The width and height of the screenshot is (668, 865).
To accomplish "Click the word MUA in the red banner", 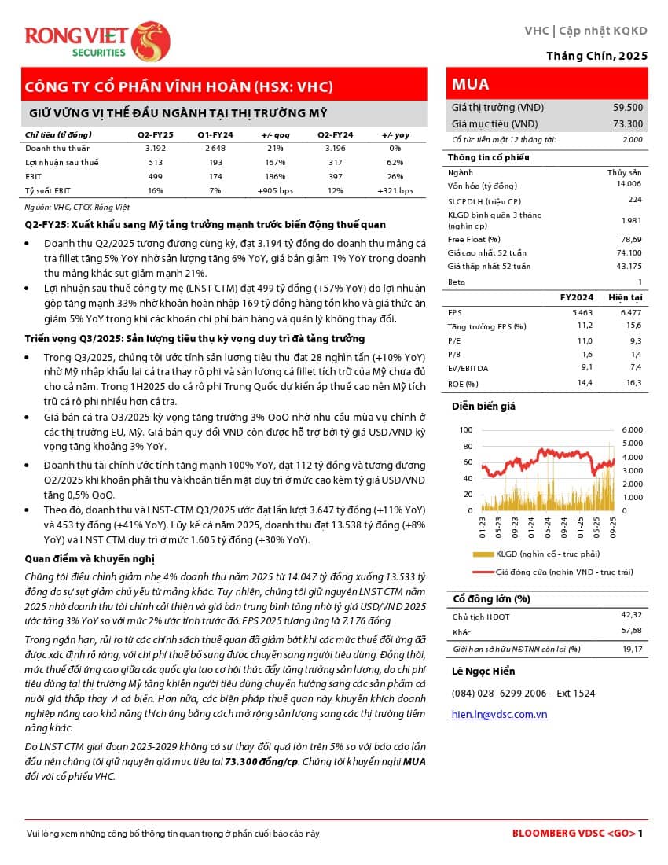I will click(471, 84).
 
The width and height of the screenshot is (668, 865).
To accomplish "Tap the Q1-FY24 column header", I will click(215, 134).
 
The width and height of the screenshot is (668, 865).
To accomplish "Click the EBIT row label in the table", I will click(34, 176).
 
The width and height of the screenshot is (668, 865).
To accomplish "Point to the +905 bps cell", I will click(275, 191).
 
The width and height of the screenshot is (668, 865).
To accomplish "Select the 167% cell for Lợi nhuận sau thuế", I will click(275, 162).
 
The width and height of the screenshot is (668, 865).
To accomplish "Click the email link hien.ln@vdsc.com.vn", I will click(499, 714).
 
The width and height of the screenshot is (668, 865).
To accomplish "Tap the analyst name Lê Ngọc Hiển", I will click(483, 671).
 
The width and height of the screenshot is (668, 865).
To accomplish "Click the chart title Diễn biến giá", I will click(483, 406).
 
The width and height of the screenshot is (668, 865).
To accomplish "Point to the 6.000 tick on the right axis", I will click(632, 430).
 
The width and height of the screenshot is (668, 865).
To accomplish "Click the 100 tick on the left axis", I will click(466, 430).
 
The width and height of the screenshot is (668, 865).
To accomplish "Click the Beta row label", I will click(456, 282).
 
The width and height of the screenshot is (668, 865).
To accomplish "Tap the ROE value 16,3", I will click(635, 383).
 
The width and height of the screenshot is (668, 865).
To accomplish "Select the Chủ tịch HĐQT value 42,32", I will click(631, 613).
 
